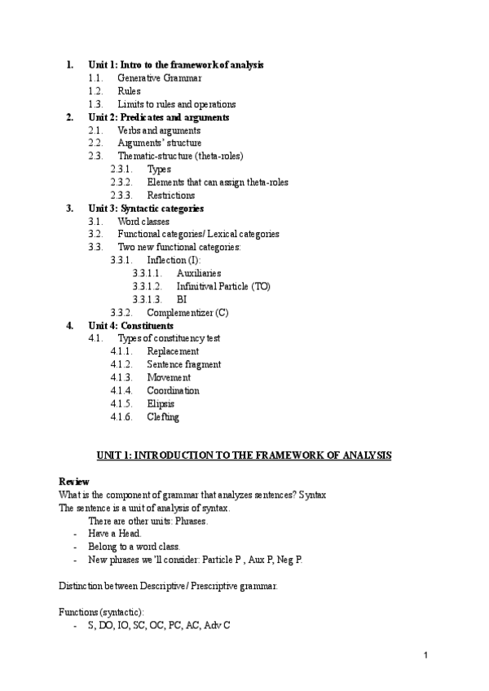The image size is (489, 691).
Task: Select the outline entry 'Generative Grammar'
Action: pos(159,78)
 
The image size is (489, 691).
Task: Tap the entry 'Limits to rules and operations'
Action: pos(177,104)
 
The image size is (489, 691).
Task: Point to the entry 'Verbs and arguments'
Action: pos(159,130)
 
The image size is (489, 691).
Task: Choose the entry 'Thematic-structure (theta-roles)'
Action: pos(180,156)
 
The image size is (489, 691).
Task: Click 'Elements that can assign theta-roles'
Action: pos(218,183)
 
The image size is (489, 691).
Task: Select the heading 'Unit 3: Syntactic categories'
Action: pos(146,209)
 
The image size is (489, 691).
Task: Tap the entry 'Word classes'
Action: pos(143,222)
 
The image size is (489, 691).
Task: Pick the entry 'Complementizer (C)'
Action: pos(187,313)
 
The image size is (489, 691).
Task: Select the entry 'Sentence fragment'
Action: pos(184,365)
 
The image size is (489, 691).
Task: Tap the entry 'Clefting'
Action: pos(163,417)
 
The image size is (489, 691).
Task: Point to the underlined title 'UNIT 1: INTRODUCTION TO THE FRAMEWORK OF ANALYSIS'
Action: pos(244,456)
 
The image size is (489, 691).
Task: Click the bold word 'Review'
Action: pos(74,482)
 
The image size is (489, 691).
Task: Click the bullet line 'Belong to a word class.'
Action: pos(134,547)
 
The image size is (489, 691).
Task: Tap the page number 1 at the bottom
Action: pos(426,656)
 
